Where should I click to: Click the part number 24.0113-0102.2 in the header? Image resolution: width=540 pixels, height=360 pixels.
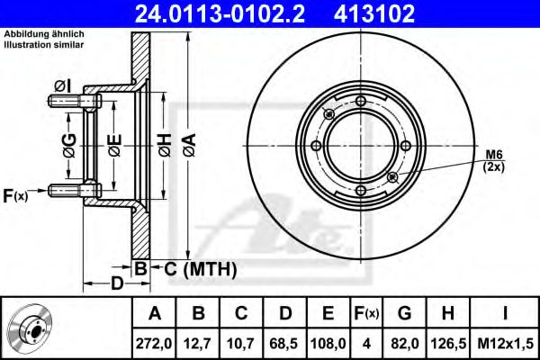tap(220, 13)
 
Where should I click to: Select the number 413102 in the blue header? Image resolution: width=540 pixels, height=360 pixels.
tap(374, 13)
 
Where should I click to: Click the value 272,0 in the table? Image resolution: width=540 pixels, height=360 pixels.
tap(154, 344)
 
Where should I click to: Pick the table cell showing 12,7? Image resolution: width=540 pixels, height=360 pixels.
tap(198, 344)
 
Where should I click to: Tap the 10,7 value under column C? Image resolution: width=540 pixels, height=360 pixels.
tap(241, 344)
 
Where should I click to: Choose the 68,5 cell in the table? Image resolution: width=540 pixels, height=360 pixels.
tap(284, 344)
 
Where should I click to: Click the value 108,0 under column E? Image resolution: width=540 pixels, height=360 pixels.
tap(328, 344)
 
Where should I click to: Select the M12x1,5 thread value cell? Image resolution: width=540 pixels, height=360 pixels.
tap(505, 344)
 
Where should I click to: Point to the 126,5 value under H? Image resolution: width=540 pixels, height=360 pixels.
tap(448, 344)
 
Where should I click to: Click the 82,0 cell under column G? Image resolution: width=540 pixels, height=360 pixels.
tap(405, 344)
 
